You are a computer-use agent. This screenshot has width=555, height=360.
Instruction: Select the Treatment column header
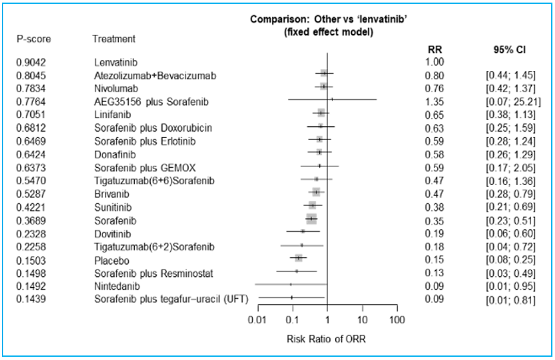tap(113, 39)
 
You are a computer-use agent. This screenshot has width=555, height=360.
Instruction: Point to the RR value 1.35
tap(436, 101)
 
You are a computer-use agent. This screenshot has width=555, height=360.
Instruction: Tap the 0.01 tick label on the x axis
tap(258, 321)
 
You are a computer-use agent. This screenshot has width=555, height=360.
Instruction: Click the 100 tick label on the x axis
tap(398, 321)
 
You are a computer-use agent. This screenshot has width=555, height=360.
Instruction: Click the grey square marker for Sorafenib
tap(311, 219)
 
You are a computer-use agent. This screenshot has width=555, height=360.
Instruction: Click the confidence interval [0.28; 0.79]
tap(509, 193)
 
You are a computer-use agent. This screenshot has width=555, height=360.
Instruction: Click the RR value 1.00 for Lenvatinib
tap(436, 63)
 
